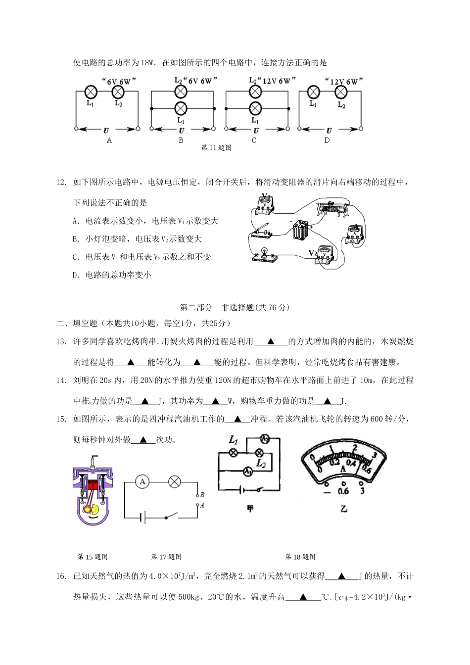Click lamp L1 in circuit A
tap(91, 92)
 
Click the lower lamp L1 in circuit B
tap(181, 108)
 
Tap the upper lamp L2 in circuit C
tap(255, 92)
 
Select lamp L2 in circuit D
tap(340, 92)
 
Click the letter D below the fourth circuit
tap(327, 141)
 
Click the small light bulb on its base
tap(265, 253)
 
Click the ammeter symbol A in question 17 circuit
tap(142, 481)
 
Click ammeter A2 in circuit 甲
tap(265, 439)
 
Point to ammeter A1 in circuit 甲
tap(248, 472)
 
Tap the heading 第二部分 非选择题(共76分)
tap(235, 307)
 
